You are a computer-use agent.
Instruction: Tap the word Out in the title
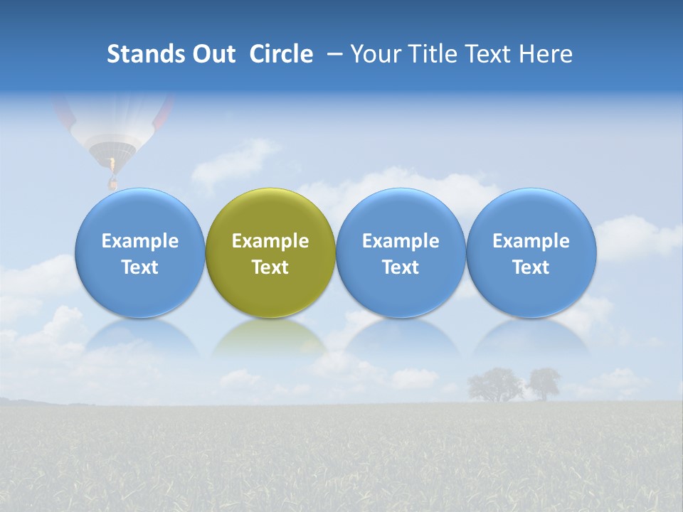pyautogui.click(x=213, y=54)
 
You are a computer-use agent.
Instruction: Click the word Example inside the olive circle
pyautogui.click(x=270, y=241)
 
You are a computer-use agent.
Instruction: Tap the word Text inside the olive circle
pyautogui.click(x=270, y=267)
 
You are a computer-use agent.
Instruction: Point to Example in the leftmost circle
pyautogui.click(x=139, y=241)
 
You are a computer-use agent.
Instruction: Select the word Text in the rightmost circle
pyautogui.click(x=531, y=267)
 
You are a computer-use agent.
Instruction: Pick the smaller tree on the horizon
pyautogui.click(x=544, y=383)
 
